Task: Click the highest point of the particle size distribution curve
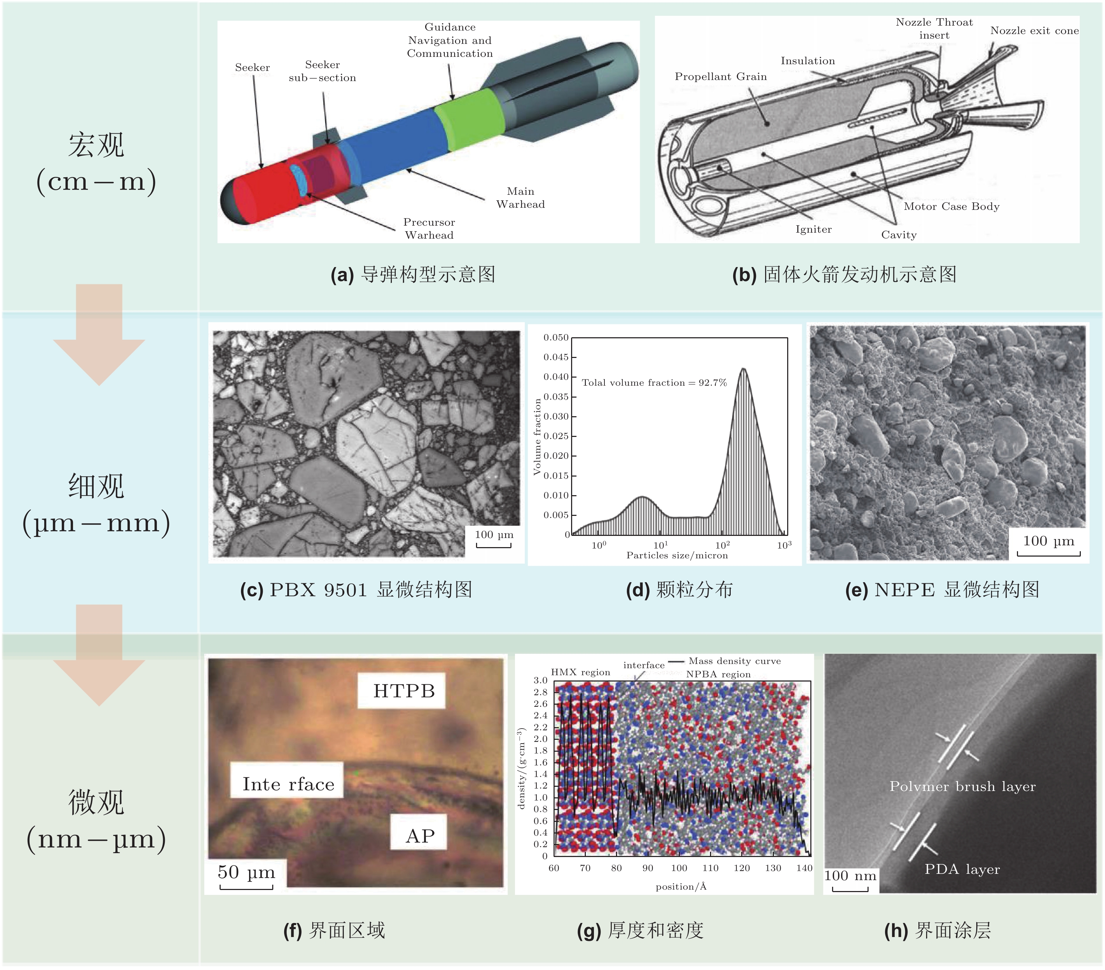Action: pos(744,369)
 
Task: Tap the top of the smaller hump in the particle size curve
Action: pos(642,496)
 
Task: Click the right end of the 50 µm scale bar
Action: pos(273,887)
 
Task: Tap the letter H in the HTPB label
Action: pos(380,691)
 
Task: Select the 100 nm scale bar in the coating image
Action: pos(850,889)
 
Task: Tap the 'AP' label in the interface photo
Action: pos(420,836)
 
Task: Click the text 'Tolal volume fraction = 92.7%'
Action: pos(654,383)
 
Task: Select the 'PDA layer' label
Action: pos(962,869)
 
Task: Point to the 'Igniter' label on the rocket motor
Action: pos(813,229)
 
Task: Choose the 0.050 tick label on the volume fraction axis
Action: pos(556,338)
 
